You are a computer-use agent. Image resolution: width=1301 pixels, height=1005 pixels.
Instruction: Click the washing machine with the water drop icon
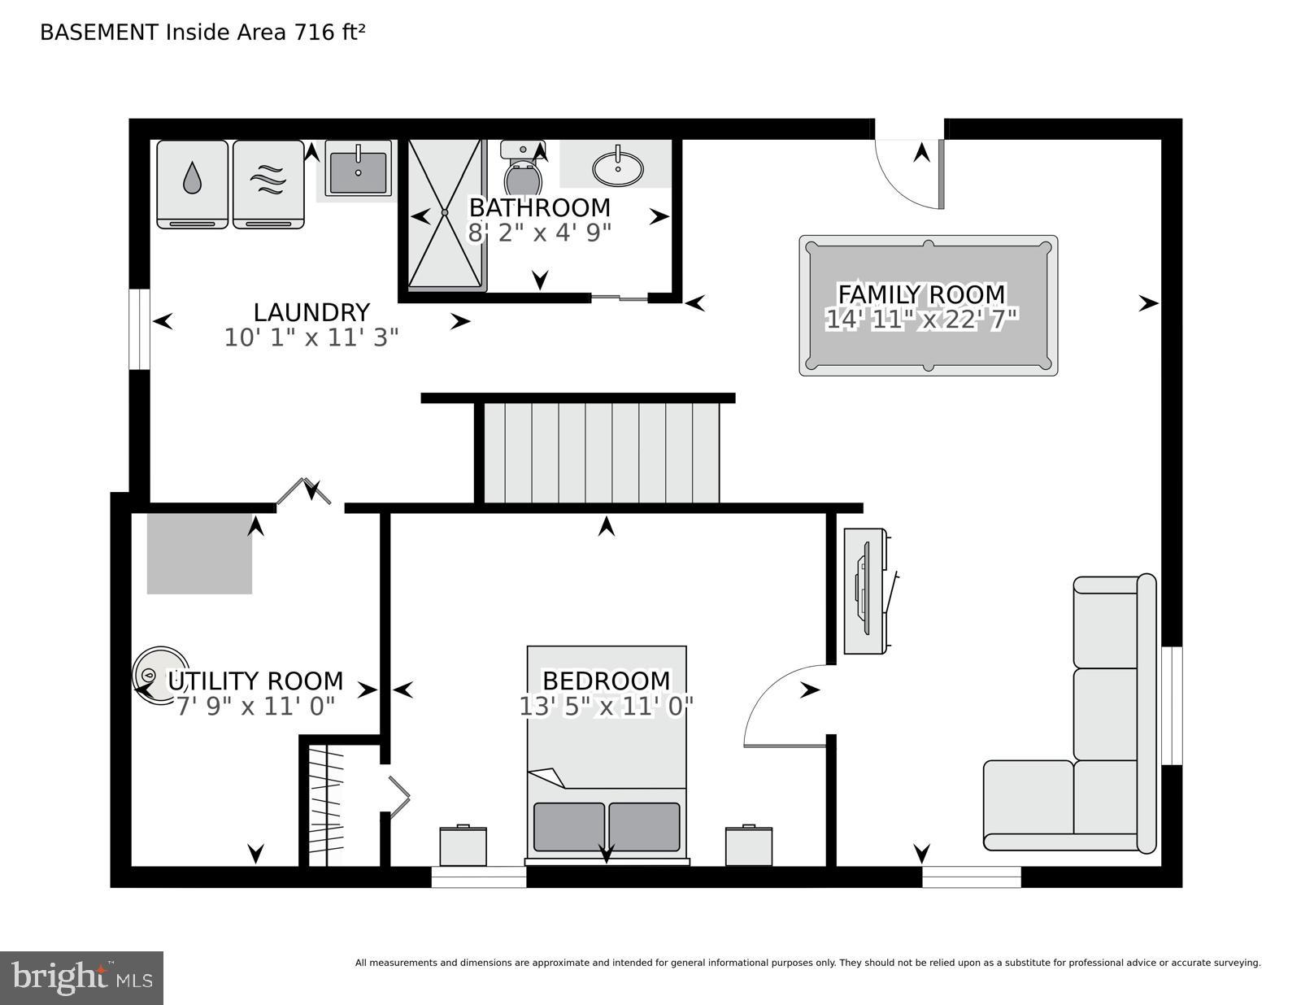[192, 184]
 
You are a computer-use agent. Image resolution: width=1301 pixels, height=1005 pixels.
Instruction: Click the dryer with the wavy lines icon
[268, 184]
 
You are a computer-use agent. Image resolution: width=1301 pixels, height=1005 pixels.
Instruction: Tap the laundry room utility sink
[358, 170]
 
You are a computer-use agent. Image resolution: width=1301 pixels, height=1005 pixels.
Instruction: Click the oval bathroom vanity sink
[618, 168]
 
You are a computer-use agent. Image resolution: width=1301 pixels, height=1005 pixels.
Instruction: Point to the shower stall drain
[445, 212]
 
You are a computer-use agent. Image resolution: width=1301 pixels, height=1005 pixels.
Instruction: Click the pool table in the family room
[928, 306]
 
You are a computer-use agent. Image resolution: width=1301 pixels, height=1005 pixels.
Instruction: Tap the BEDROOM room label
[606, 680]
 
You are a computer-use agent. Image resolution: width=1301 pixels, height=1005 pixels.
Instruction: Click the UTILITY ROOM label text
[255, 681]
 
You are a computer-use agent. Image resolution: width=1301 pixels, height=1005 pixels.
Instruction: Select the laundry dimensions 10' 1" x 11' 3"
[311, 337]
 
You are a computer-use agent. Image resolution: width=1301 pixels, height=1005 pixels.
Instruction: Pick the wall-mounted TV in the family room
[865, 590]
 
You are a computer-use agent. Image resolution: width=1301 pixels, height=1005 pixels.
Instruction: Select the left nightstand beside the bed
[463, 846]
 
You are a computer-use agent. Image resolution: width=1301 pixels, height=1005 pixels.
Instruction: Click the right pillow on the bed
[644, 827]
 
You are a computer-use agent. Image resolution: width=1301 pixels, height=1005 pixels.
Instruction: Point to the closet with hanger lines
[325, 805]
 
